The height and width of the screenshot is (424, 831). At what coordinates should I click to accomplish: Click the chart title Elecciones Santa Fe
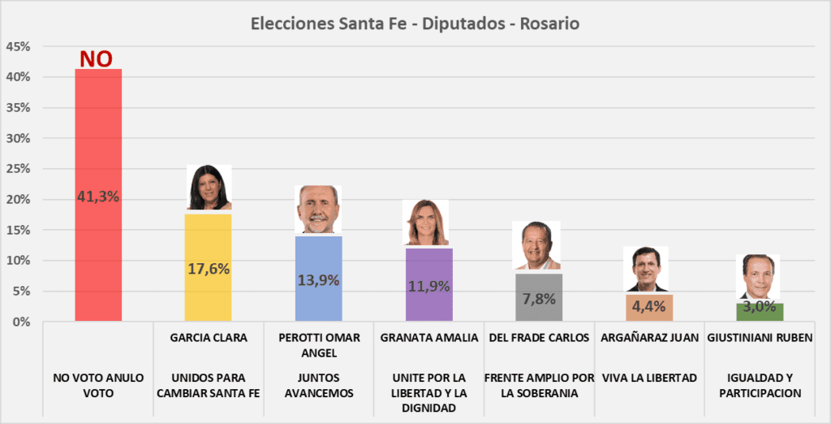(x=415, y=24)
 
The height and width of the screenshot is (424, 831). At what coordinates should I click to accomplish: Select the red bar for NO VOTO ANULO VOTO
(x=98, y=244)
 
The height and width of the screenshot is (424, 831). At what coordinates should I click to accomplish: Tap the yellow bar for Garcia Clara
(x=209, y=284)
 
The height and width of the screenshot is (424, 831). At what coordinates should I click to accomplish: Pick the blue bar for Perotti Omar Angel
(x=318, y=301)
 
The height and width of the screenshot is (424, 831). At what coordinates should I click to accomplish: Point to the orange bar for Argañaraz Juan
(x=648, y=308)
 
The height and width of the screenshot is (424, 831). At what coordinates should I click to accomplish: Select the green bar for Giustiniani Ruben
(x=759, y=312)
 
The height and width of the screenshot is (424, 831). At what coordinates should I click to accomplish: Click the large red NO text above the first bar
(x=96, y=59)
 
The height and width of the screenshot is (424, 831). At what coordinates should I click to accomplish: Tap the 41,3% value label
(x=98, y=196)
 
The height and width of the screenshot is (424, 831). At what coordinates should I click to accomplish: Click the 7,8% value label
(x=539, y=298)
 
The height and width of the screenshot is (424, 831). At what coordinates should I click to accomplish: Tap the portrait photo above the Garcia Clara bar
(x=209, y=188)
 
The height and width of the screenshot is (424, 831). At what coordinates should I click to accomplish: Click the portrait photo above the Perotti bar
(x=318, y=210)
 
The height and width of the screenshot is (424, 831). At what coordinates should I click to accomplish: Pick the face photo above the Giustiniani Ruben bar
(x=760, y=277)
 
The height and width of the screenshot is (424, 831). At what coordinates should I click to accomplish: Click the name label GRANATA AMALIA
(x=428, y=338)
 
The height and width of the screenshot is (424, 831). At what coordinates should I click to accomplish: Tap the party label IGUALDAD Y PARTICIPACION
(x=760, y=385)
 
